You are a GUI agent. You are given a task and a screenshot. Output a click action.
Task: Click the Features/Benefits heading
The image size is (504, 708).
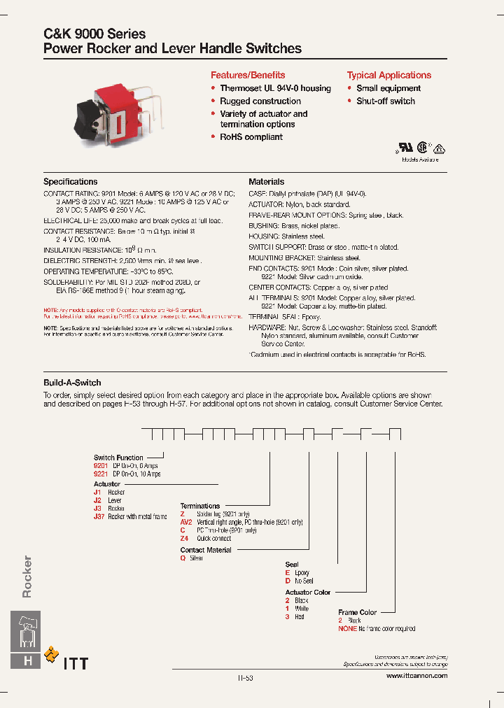click(x=248, y=75)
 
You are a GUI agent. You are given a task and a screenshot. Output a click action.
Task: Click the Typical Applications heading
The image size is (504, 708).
click(x=388, y=75)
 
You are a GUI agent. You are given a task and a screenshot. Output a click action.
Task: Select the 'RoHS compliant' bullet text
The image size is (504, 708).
click(x=251, y=137)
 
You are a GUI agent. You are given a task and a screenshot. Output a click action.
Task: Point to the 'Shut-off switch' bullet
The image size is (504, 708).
click(x=385, y=101)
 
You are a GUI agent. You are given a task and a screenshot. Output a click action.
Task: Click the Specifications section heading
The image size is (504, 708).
click(x=70, y=182)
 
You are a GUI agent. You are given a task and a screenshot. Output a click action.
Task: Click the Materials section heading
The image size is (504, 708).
click(x=266, y=182)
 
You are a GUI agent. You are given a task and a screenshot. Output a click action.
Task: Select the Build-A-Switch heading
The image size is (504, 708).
click(x=72, y=383)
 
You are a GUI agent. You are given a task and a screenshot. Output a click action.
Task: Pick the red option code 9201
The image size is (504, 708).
click(x=101, y=466)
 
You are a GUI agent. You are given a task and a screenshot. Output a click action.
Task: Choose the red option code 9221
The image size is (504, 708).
click(x=101, y=474)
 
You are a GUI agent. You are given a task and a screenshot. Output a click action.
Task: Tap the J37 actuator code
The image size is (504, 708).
click(x=99, y=517)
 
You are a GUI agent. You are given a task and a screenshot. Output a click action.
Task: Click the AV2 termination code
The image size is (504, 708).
click(x=185, y=522)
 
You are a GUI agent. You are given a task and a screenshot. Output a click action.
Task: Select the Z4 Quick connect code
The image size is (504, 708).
click(x=184, y=539)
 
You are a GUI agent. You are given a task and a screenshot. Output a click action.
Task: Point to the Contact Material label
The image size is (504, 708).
click(x=206, y=551)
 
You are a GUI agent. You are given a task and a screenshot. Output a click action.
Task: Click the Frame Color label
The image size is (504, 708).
click(x=357, y=612)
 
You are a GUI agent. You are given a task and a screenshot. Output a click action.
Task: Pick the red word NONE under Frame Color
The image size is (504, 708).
click(x=347, y=629)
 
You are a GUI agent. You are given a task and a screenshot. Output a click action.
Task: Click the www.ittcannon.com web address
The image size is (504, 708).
click(x=416, y=676)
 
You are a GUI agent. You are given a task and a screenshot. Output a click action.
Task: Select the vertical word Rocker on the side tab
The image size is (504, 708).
click(x=27, y=576)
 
